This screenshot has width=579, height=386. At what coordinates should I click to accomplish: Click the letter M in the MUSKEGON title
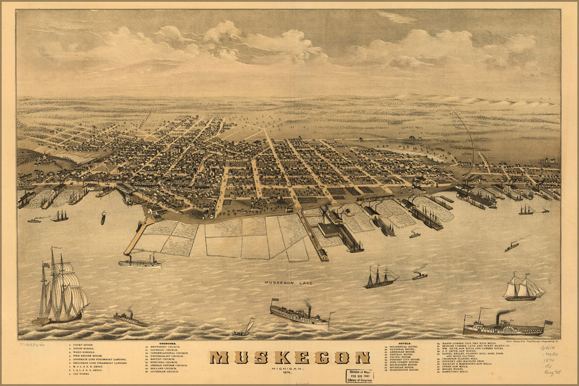coord(219,357)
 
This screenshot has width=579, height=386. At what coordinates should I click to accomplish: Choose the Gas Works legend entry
coord(81,374)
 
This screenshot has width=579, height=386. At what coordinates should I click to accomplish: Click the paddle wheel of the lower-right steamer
coord(507,329)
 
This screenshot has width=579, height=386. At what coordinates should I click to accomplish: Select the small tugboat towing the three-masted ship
coord(419,275)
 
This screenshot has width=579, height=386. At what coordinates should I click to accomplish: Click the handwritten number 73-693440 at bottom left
coord(32,344)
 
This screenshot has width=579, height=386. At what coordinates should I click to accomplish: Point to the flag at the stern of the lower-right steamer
coord(548,323)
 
